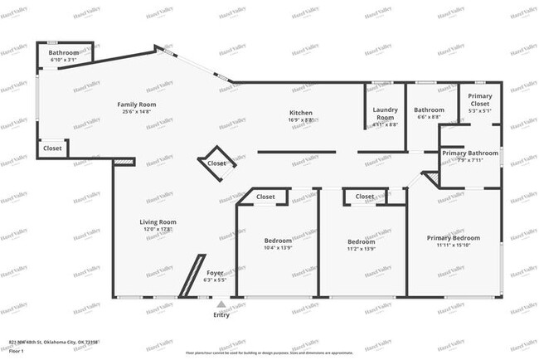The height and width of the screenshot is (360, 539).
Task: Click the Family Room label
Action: [137, 105]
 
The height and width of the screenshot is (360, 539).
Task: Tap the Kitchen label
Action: [300, 113]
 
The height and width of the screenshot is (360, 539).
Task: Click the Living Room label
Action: [157, 221]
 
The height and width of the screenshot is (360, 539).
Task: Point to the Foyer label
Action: [215, 272]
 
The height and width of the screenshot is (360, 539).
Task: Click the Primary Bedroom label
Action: [454, 238]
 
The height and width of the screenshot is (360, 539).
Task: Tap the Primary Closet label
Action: [479, 100]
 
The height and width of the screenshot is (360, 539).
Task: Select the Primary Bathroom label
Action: [470, 153]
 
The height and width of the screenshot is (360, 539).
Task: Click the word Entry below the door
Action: [221, 314]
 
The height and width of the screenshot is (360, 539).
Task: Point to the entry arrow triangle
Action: [221, 305]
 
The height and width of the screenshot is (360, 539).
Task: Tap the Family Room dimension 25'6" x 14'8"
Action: [137, 111]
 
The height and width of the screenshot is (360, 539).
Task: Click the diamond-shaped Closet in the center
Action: [216, 163]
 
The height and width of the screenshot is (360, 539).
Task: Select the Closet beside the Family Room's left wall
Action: [53, 148]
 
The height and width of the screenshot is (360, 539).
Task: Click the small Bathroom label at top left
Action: [63, 53]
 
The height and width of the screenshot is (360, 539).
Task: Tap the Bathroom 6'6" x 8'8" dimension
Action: [430, 118]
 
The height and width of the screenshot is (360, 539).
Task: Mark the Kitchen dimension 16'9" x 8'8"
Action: [300, 119]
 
